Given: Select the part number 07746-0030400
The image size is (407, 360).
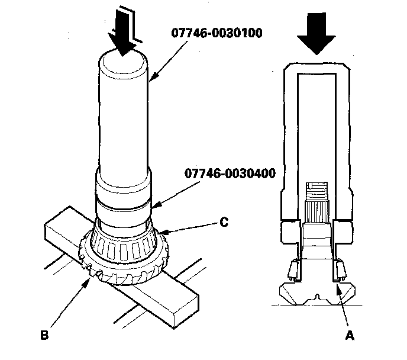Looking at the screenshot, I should click(x=225, y=174).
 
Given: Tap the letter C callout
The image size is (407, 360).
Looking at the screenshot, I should click(x=224, y=223).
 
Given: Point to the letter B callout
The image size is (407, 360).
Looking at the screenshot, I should click(x=44, y=336).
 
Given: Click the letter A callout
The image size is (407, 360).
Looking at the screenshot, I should click(x=350, y=335).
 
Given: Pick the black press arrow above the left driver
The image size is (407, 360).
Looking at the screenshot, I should click(x=124, y=37).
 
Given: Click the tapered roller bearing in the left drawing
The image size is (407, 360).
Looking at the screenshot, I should click(x=125, y=246).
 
